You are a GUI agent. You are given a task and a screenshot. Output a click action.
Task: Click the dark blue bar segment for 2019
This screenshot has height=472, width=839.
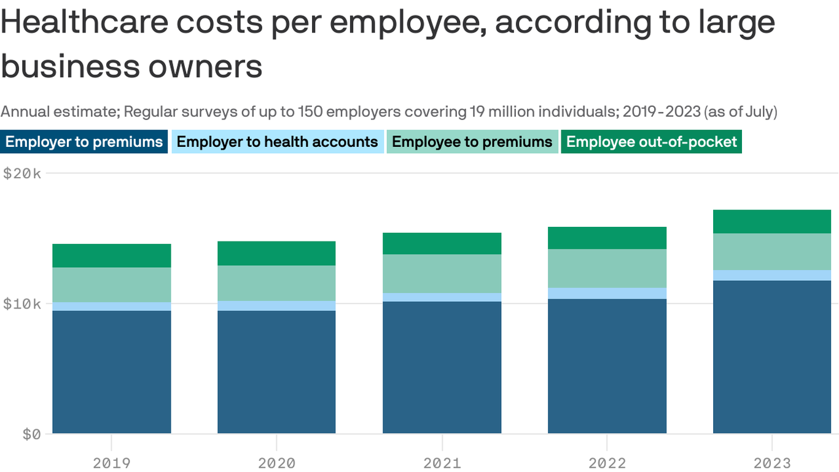[x=111, y=372]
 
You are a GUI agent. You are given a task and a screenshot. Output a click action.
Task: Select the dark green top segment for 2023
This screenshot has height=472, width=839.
[x=771, y=221]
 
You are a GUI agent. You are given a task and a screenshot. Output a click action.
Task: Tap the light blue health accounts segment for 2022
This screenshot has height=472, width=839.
[x=607, y=293]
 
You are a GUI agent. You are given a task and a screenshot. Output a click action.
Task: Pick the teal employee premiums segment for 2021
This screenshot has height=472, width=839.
[x=442, y=273]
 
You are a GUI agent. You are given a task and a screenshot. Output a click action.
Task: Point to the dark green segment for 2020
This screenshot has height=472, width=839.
[x=276, y=253]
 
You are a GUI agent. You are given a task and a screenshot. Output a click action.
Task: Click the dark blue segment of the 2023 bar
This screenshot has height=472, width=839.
[x=771, y=356]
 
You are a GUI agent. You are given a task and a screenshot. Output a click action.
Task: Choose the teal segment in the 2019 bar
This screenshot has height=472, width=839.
[x=111, y=285]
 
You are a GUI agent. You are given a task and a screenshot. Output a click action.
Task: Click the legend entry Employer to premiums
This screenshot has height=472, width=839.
[x=84, y=142]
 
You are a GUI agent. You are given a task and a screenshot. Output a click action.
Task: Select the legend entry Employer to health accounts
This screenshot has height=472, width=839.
[x=277, y=142]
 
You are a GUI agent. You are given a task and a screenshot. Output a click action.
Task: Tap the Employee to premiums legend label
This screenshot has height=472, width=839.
[x=472, y=142]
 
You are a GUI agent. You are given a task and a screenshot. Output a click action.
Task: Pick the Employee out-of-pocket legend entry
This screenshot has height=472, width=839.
[x=651, y=142]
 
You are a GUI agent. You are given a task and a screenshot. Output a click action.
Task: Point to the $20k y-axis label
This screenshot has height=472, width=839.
[x=22, y=174]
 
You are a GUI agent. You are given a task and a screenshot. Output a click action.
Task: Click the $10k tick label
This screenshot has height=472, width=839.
[x=22, y=304]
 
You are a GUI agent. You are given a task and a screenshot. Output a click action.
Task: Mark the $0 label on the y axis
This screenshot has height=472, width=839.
[x=32, y=435]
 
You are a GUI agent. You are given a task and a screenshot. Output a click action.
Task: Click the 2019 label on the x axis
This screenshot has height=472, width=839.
[x=111, y=463]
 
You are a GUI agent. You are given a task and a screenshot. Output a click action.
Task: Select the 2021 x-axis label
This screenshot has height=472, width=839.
[x=442, y=463]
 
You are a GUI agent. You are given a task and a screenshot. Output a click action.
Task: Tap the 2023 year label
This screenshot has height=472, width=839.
[x=771, y=463]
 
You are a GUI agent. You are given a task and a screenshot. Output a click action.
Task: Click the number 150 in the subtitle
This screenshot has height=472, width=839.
[x=310, y=112]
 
